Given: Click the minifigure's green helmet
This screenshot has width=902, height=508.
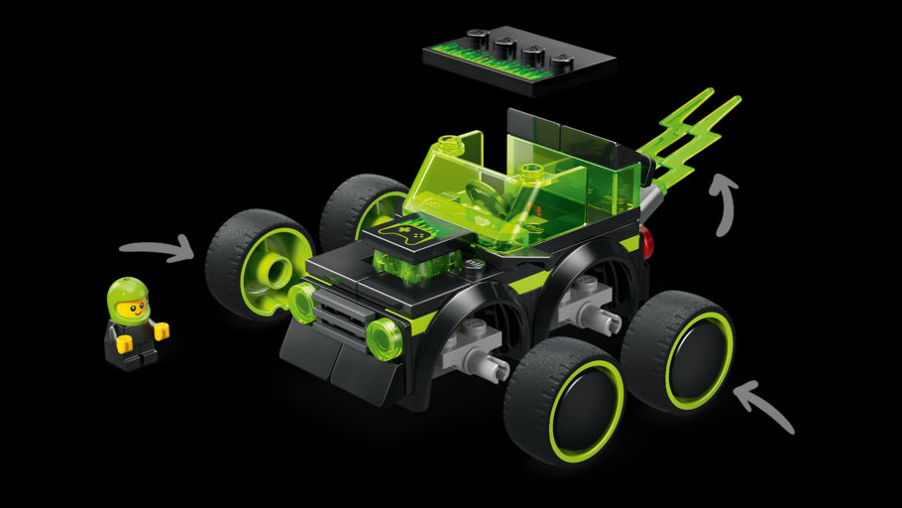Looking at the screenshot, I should [128, 291].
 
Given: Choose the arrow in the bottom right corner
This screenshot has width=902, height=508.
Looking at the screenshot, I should [767, 408].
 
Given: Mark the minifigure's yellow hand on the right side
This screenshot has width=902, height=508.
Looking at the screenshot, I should [161, 331].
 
